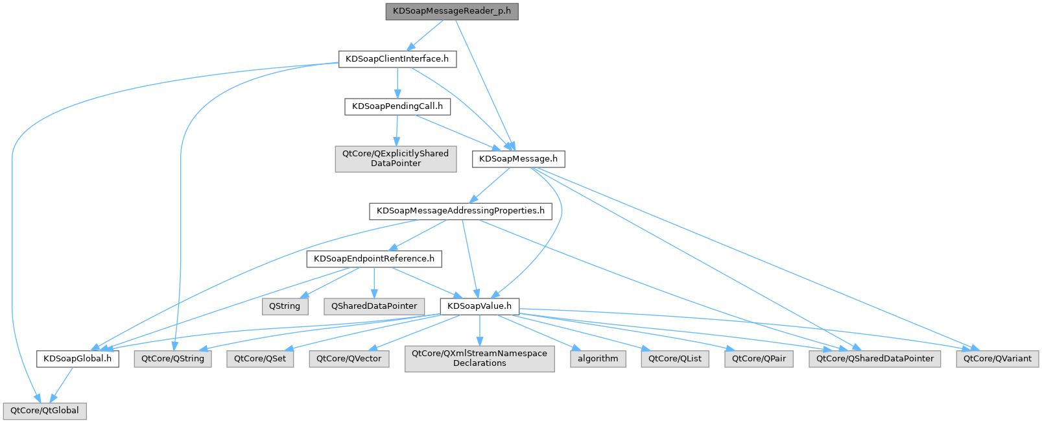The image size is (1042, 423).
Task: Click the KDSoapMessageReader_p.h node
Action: point(451,12)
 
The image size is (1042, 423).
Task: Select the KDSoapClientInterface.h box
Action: point(397,59)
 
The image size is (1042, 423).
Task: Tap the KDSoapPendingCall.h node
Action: point(397,106)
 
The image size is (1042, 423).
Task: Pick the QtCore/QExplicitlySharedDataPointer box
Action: point(396,158)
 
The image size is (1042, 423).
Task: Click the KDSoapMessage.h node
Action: point(518,159)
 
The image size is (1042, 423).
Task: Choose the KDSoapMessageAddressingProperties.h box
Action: point(460,211)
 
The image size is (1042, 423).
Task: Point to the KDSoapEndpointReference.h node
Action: point(374,259)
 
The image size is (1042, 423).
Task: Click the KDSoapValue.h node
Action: point(479,306)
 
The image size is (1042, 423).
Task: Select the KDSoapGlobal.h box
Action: point(77,359)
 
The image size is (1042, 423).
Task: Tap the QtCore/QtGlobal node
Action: point(44,411)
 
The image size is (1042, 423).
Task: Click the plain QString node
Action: point(285,306)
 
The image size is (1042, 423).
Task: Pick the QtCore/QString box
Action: point(172,359)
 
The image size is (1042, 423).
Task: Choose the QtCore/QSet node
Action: point(259,359)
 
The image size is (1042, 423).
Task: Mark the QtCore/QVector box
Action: point(349,359)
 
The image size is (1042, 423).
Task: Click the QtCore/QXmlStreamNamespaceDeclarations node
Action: point(479,358)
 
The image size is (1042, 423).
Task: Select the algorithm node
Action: point(598,359)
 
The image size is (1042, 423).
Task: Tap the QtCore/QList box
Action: point(674,359)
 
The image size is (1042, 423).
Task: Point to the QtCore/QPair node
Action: point(759,359)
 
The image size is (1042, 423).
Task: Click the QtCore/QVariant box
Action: point(997,359)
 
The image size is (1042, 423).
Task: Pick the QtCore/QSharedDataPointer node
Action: point(875,359)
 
